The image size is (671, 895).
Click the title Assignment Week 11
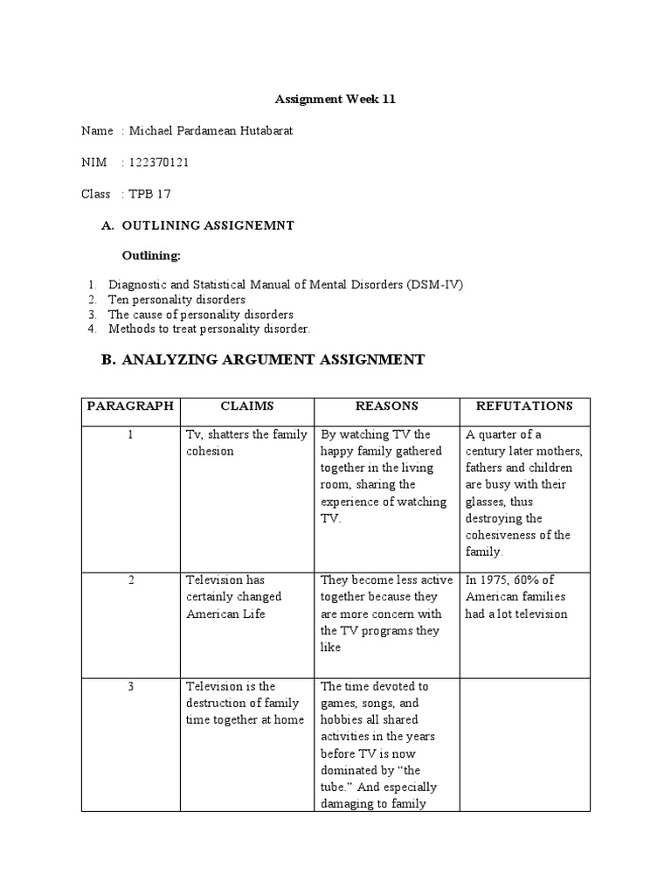[335, 100]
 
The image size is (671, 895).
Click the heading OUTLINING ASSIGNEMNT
[208, 225]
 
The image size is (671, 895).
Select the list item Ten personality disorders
[176, 300]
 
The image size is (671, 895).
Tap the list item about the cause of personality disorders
[201, 314]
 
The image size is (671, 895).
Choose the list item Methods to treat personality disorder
[210, 329]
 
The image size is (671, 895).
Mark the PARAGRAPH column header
[129, 406]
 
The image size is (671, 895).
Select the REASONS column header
[386, 406]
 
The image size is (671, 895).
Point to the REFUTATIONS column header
[524, 406]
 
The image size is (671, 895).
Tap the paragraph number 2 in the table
[129, 580]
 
